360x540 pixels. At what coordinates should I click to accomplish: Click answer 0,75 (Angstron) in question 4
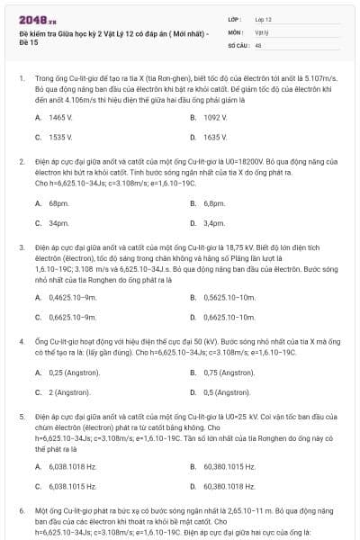(x=229, y=373)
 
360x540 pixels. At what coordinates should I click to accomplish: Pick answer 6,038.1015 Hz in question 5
(x=73, y=486)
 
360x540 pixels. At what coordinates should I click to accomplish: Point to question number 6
(x=22, y=510)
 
